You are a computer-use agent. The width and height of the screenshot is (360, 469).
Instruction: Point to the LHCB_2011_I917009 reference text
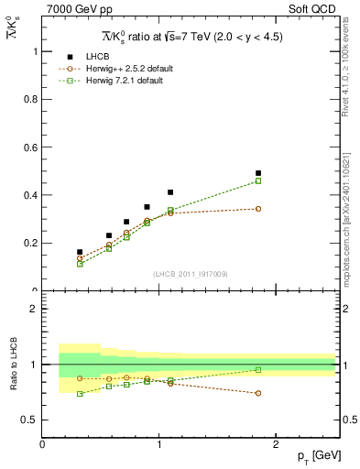[190, 274]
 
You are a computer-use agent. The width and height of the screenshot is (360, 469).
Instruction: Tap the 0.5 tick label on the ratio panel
[28, 420]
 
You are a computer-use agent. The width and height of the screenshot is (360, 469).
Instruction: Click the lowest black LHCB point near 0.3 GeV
[80, 252]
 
